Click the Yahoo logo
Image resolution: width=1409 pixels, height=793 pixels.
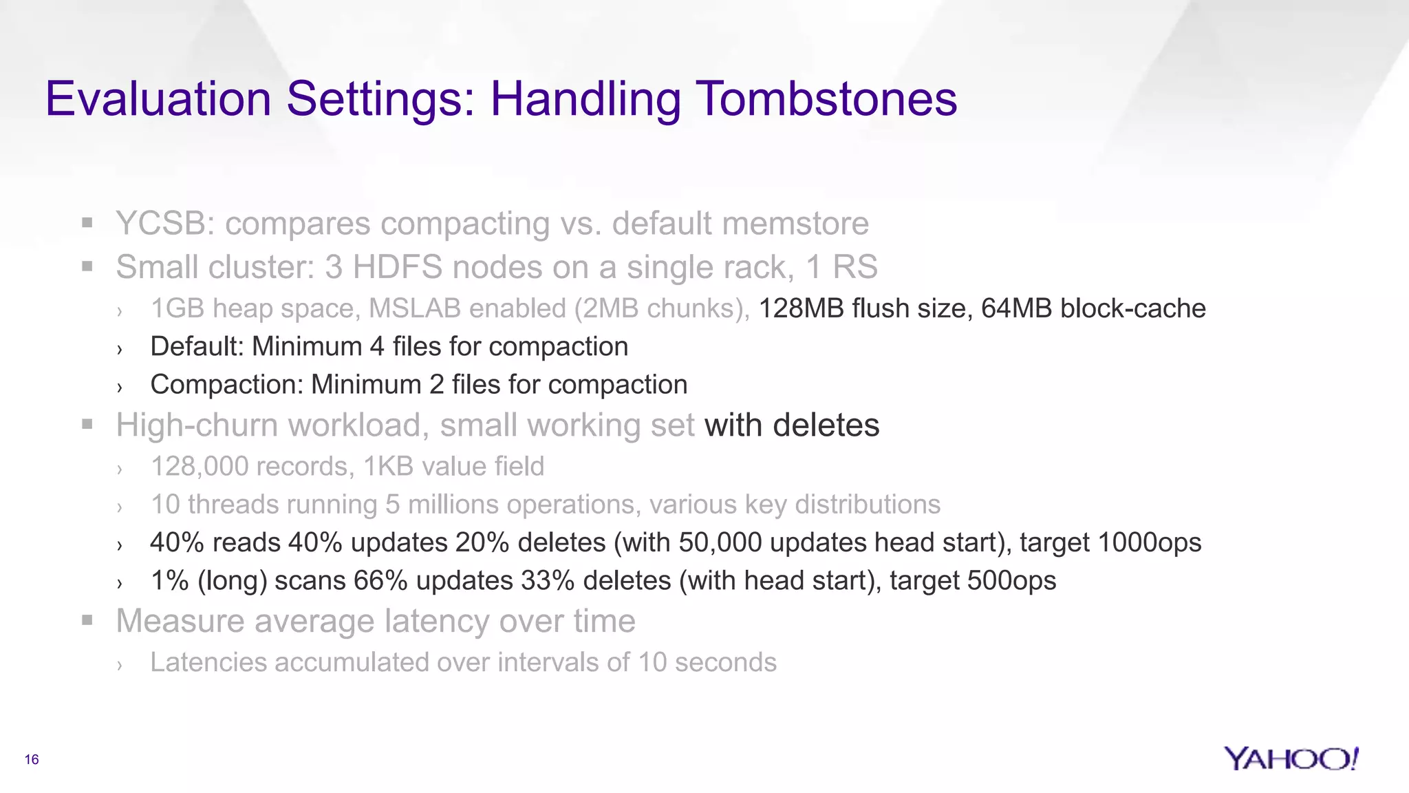pyautogui.click(x=1291, y=759)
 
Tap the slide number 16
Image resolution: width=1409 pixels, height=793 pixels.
pyautogui.click(x=32, y=759)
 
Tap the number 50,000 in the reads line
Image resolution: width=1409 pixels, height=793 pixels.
pyautogui.click(x=720, y=542)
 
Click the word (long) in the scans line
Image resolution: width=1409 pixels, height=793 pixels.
pyautogui.click(x=232, y=581)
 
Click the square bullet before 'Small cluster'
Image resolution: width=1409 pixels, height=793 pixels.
pyautogui.click(x=87, y=266)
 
